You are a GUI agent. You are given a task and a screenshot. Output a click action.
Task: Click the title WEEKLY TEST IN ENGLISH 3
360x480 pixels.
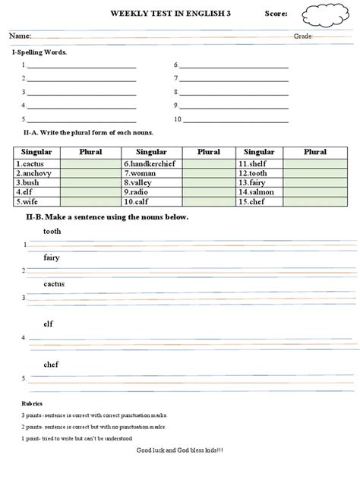point(171,14)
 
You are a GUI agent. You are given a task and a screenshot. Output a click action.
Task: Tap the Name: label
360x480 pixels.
point(21,36)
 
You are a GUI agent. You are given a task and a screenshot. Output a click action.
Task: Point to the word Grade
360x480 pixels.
point(302,36)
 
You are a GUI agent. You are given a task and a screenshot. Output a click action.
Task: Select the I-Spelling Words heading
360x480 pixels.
point(39,52)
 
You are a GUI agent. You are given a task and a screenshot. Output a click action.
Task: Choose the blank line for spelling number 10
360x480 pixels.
point(234,120)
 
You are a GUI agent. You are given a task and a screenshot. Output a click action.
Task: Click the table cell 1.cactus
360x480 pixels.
point(36,163)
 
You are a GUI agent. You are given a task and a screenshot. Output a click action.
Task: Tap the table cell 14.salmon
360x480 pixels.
point(258,192)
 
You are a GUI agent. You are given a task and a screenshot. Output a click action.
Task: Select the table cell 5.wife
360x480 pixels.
point(36,202)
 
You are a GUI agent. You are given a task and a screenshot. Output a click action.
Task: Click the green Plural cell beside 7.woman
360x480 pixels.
point(208,173)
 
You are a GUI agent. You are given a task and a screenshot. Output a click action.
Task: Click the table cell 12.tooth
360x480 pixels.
point(258,173)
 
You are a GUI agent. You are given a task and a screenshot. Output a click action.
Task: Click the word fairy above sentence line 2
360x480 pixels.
point(52,257)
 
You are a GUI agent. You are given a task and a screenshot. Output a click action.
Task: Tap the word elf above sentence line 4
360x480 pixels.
point(48,324)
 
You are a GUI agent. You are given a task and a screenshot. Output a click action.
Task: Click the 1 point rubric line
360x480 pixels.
point(77,438)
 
